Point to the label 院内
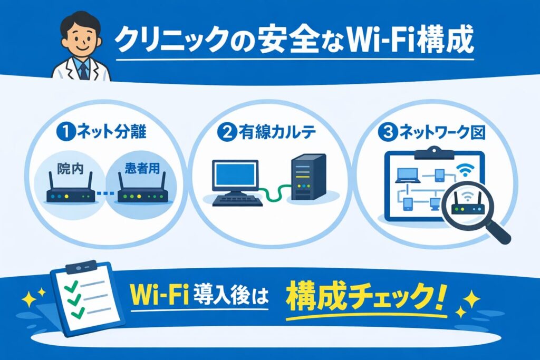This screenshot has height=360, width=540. (66, 171)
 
